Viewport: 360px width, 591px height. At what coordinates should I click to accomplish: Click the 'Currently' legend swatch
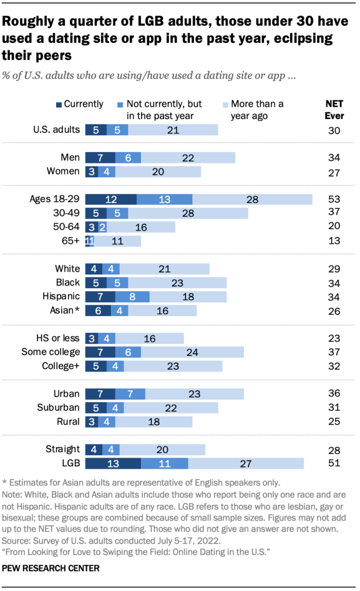click(58, 105)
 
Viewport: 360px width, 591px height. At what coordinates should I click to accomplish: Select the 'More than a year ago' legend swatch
click(225, 105)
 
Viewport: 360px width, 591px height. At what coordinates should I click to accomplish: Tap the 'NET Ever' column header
click(334, 110)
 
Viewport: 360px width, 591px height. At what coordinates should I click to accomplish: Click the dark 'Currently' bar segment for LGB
click(113, 463)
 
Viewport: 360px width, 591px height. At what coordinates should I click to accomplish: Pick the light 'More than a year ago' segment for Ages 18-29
click(252, 199)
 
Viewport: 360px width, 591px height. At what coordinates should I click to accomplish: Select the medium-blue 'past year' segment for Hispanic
click(132, 297)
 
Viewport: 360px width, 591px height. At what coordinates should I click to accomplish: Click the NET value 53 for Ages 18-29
click(334, 199)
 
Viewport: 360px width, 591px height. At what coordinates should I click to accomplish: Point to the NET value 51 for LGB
click(334, 463)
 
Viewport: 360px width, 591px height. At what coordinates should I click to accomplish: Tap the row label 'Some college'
click(50, 352)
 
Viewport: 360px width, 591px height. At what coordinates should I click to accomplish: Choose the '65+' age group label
click(69, 241)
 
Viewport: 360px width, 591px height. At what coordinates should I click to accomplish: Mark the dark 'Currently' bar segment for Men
click(100, 158)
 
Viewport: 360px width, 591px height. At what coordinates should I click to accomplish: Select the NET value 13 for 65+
click(334, 241)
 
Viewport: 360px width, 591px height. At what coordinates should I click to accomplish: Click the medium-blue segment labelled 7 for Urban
click(130, 394)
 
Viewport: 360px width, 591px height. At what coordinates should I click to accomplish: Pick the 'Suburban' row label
click(58, 408)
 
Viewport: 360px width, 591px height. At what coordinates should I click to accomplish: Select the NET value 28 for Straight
click(334, 449)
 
